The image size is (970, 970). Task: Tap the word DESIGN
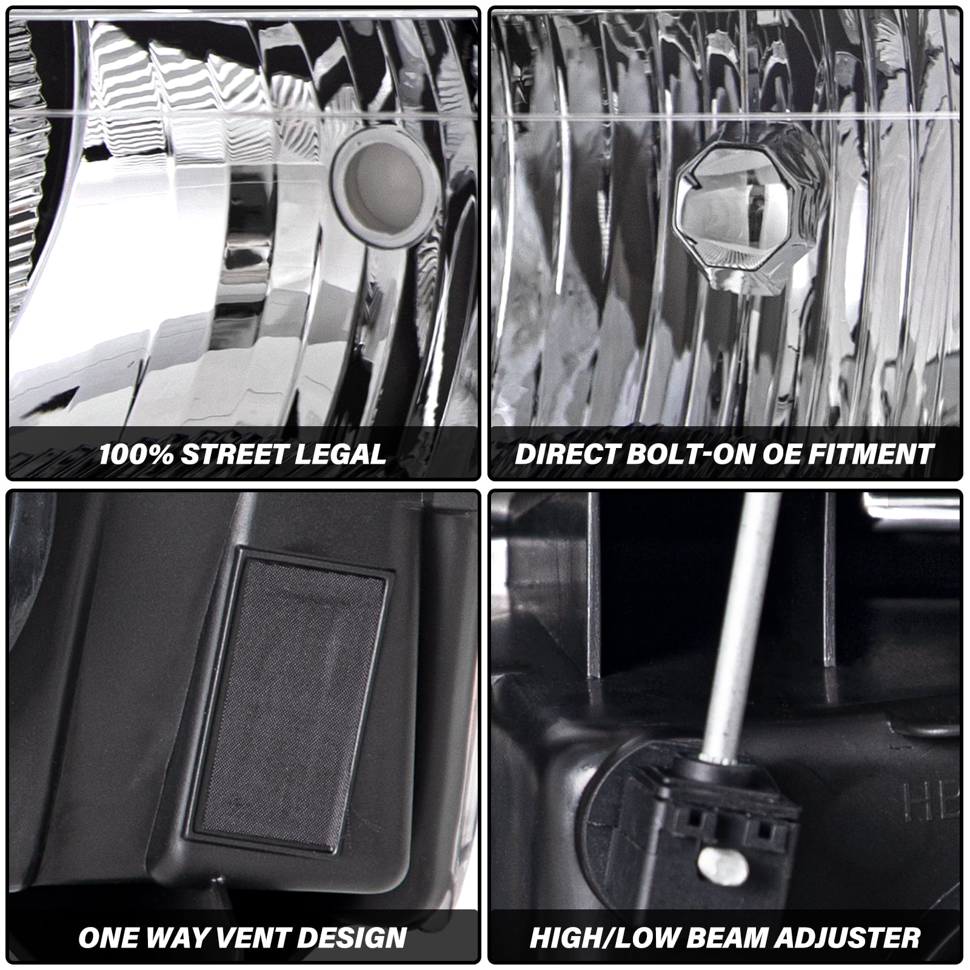point(352,938)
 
